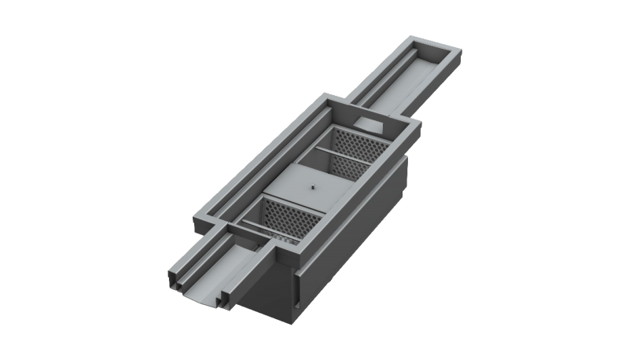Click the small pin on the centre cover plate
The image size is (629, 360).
click(311, 186)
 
